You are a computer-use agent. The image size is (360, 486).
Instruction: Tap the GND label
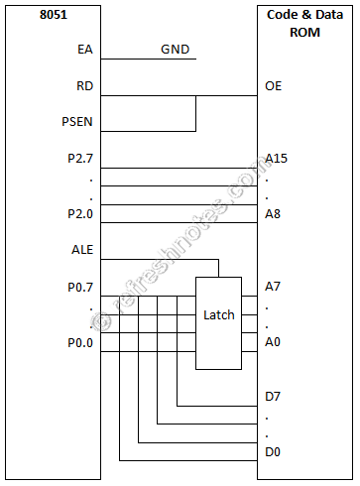point(177,50)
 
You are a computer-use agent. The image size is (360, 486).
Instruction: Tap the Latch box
point(218,315)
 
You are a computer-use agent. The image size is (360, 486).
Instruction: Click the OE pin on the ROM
point(274,86)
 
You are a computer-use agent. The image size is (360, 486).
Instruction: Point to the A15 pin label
point(277,158)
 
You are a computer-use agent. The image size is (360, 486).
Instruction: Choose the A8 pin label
point(274,213)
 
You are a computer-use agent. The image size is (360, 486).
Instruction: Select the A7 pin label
point(274,287)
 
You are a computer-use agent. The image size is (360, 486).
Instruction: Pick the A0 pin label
point(274,342)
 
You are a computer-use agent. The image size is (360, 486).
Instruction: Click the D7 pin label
point(274,398)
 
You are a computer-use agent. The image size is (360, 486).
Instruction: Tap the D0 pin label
point(274,453)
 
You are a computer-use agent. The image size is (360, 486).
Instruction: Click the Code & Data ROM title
point(306,23)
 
